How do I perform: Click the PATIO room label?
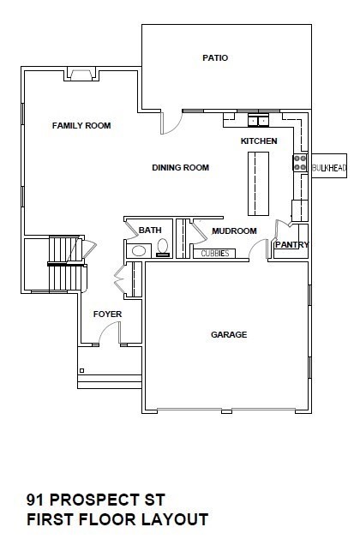214,58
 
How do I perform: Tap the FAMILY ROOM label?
81,126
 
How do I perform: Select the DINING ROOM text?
181,168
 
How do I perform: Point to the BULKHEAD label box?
330,169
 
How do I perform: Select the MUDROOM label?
234,231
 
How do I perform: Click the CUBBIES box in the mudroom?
214,253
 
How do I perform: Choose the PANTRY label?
291,245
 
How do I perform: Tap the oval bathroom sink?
137,251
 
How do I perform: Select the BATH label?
151,231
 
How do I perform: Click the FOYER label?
107,314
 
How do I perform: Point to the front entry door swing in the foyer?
123,282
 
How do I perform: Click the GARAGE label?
229,334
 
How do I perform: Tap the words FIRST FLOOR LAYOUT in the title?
117,519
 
